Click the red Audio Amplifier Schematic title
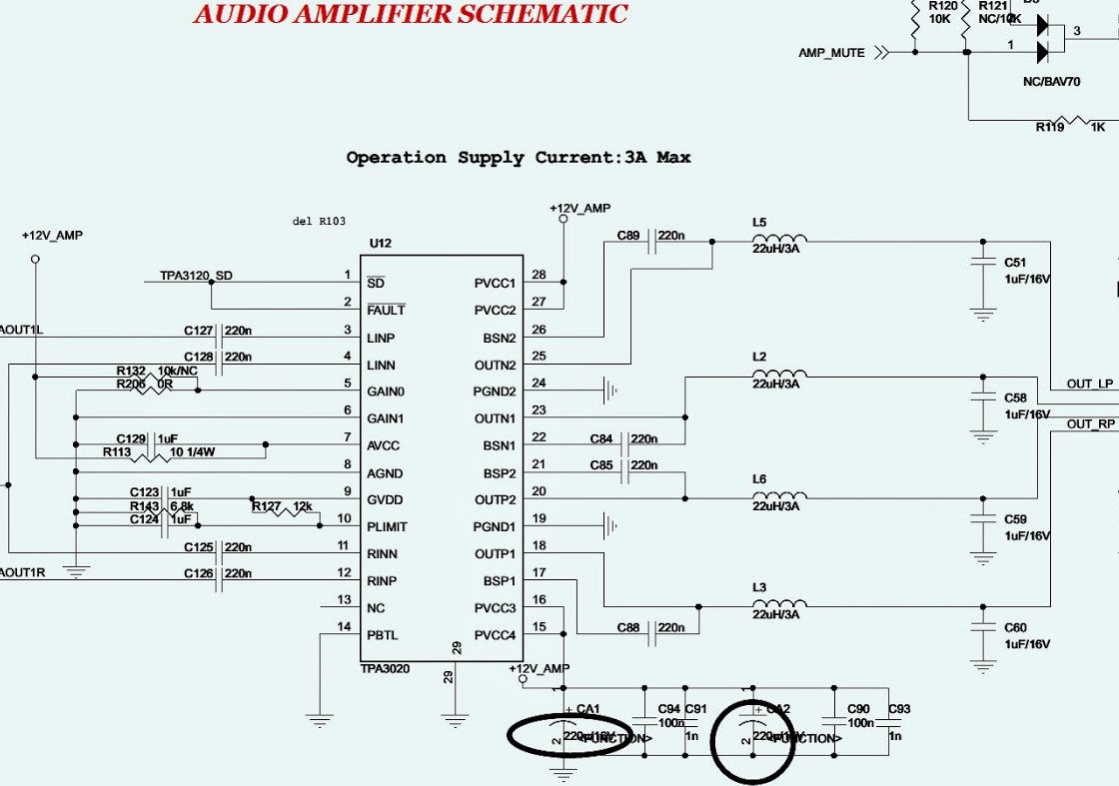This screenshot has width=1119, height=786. point(410,15)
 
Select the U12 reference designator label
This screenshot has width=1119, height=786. point(380,244)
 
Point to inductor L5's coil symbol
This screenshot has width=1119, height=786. point(779,239)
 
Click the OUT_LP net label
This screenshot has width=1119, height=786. point(1089,384)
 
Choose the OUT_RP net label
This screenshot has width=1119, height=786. point(1090,423)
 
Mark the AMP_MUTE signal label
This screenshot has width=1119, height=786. point(831,53)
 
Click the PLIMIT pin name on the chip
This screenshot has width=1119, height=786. point(387,527)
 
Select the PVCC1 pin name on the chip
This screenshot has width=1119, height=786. point(495,284)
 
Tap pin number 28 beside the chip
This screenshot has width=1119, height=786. point(539,275)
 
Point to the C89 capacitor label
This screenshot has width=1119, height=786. point(627,236)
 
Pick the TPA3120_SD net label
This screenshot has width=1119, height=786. point(196,276)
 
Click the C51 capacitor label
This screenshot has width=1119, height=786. point(1015,263)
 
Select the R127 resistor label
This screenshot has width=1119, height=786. point(266,506)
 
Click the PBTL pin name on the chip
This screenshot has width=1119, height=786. point(382,635)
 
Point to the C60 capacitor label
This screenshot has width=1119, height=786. point(1015,627)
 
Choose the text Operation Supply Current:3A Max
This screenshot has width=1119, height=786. point(518,158)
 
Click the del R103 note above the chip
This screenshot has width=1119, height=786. point(319,221)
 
